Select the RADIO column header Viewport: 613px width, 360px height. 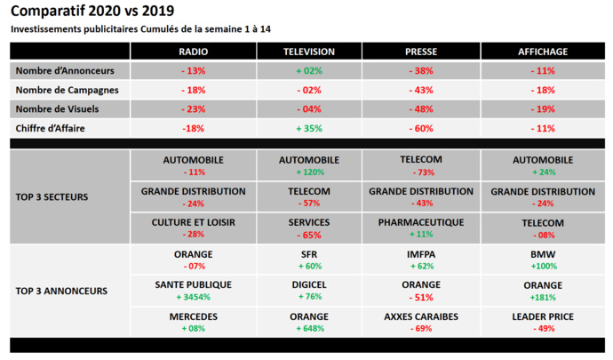click(193, 52)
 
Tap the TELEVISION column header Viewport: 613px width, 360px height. click(308, 52)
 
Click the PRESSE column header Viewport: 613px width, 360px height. click(420, 52)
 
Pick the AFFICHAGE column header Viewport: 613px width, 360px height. click(542, 52)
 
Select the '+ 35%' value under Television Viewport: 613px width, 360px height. click(308, 128)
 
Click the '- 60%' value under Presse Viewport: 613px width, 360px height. click(420, 128)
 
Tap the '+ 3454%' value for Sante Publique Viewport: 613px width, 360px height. click(193, 298)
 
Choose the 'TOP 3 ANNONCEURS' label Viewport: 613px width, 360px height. click(63, 290)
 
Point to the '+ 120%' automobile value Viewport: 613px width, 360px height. click(308, 172)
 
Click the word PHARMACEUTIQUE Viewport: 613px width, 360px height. click(420, 222)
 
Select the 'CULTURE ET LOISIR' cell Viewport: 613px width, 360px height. click(193, 222)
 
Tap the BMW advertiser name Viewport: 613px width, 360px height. click(542, 254)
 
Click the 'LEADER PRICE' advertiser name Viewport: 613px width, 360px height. click(542, 316)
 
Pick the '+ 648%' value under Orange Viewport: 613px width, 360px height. click(308, 328)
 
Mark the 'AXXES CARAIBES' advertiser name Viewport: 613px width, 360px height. click(420, 316)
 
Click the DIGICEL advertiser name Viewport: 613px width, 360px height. click(308, 285)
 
